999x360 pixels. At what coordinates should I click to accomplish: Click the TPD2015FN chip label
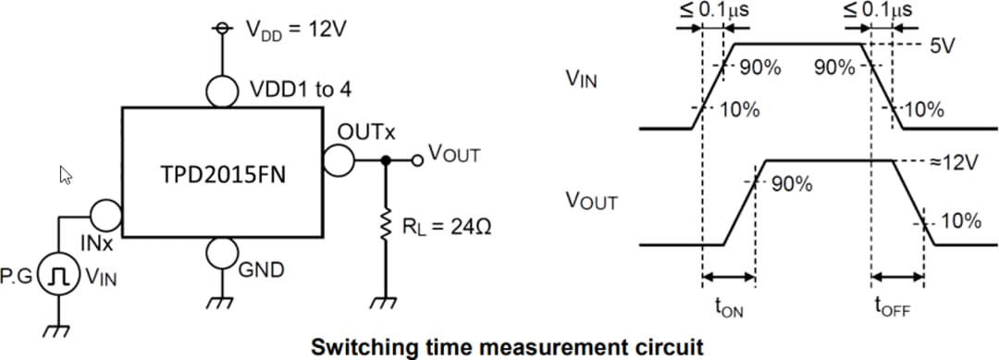coord(219,175)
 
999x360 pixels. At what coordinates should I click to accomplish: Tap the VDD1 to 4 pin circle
coord(222,91)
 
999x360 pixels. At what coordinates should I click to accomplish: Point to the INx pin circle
coord(106,217)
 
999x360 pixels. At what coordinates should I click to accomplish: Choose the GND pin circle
coord(222,252)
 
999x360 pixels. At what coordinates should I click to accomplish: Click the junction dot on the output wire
coord(385,160)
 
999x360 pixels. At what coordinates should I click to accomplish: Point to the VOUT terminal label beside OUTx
coord(453,155)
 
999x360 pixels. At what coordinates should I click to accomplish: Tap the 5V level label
coord(942,46)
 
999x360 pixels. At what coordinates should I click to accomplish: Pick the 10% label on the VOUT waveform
coord(961,221)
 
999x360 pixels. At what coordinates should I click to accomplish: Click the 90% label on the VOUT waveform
coord(792,184)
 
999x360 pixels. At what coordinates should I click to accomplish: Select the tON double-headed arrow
coord(729,276)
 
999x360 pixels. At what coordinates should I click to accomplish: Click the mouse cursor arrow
coord(66,174)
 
